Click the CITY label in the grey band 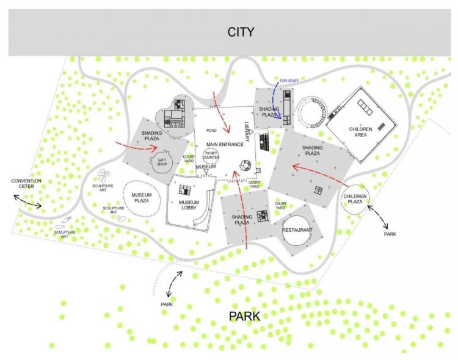(241, 32)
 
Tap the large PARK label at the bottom (244, 316)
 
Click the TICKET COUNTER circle (211, 155)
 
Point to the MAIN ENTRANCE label (225, 144)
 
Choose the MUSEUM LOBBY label (189, 205)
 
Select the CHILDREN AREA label (360, 132)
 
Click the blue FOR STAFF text (289, 81)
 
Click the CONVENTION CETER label (26, 184)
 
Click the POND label (211, 130)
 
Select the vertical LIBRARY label (247, 132)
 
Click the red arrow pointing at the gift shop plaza (137, 147)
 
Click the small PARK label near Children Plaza (390, 234)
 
